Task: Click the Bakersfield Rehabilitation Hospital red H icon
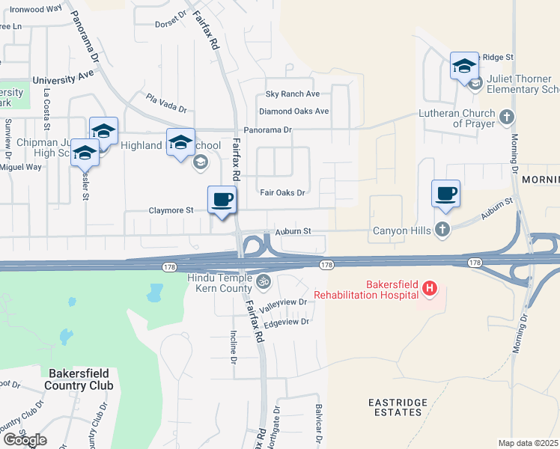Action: tap(429, 287)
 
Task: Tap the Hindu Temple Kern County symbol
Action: tap(263, 282)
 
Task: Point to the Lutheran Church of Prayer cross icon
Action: tap(507, 117)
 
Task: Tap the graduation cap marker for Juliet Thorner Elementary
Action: tap(464, 67)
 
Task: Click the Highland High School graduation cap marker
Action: tap(180, 143)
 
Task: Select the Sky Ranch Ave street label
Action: tap(293, 94)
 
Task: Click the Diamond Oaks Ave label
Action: tap(294, 112)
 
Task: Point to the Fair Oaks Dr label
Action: tap(282, 192)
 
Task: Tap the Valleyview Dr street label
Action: tap(284, 302)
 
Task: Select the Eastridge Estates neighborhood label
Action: tap(397, 407)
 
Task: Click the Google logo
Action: tap(25, 440)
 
